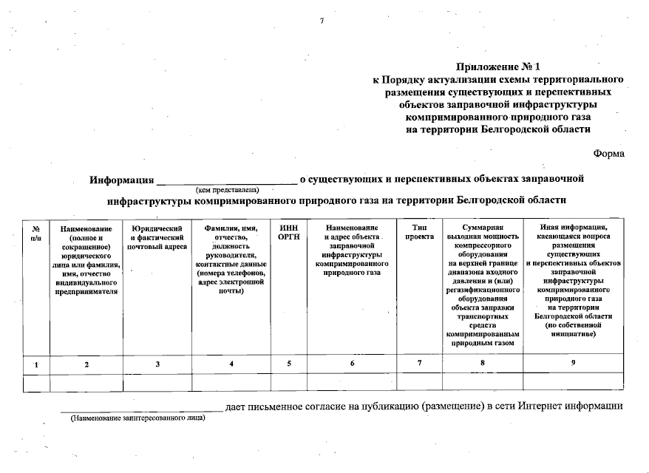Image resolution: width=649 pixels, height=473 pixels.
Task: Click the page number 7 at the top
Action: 322,20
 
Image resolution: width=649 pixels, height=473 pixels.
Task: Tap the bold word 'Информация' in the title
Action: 121,180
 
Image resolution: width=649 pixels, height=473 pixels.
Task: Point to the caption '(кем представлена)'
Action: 226,190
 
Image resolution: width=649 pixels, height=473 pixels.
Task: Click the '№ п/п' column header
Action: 36,234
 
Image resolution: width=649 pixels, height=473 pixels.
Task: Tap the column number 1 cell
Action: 36,364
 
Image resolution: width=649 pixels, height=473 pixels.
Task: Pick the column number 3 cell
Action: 157,364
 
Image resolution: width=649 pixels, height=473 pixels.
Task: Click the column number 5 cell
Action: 288,364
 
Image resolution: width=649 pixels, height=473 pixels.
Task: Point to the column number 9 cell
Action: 573,363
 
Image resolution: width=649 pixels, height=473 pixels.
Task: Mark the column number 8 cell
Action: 482,363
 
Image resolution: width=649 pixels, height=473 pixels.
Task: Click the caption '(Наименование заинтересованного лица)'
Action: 137,418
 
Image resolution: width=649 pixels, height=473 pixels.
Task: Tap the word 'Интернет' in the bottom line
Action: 540,406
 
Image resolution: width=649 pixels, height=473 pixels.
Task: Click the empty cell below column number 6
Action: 352,382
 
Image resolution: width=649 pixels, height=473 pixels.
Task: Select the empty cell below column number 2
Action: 86,382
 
